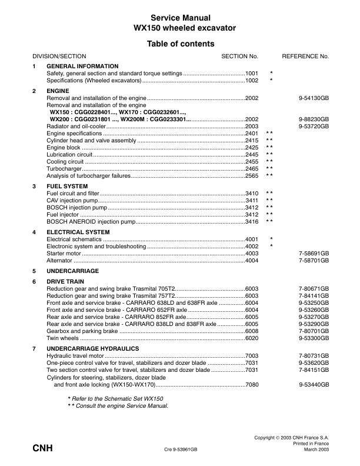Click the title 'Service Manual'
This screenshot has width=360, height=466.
point(180,18)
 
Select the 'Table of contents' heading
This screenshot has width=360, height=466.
point(180,44)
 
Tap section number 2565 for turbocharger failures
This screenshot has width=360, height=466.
point(252,175)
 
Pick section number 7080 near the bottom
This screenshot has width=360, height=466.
point(252,384)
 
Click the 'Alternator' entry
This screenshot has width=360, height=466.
point(59,261)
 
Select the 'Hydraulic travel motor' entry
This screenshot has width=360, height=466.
point(75,356)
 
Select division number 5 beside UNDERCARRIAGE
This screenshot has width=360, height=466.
point(34,271)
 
